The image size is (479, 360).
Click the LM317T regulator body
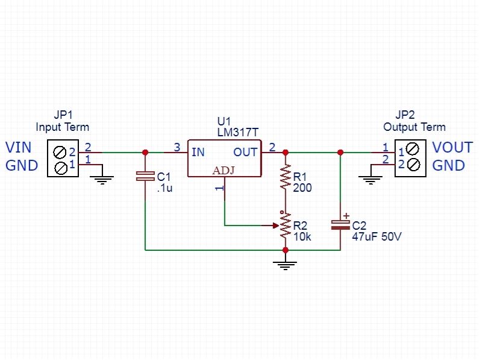pyautogui.click(x=224, y=158)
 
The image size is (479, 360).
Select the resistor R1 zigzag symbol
pyautogui.click(x=285, y=177)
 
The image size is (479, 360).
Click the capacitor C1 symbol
pyautogui.click(x=145, y=176)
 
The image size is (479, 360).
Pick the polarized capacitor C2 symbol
pyautogui.click(x=340, y=225)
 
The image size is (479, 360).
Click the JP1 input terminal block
pyautogui.click(x=61, y=159)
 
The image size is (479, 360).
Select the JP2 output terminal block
pyautogui.click(x=412, y=158)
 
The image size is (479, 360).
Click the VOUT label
pyautogui.click(x=452, y=148)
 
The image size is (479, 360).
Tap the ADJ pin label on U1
pyautogui.click(x=224, y=171)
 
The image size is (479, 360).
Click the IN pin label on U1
pyautogui.click(x=198, y=152)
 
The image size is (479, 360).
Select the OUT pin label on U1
pyautogui.click(x=245, y=152)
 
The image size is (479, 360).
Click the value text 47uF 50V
pyautogui.click(x=377, y=237)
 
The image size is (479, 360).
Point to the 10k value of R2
pyautogui.click(x=302, y=237)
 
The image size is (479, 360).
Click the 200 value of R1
pyautogui.click(x=302, y=188)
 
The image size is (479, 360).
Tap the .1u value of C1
pyautogui.click(x=164, y=188)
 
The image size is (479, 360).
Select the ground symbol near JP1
pyautogui.click(x=103, y=178)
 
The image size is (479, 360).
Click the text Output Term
pyautogui.click(x=415, y=127)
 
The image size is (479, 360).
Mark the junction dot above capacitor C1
pyautogui.click(x=145, y=153)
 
